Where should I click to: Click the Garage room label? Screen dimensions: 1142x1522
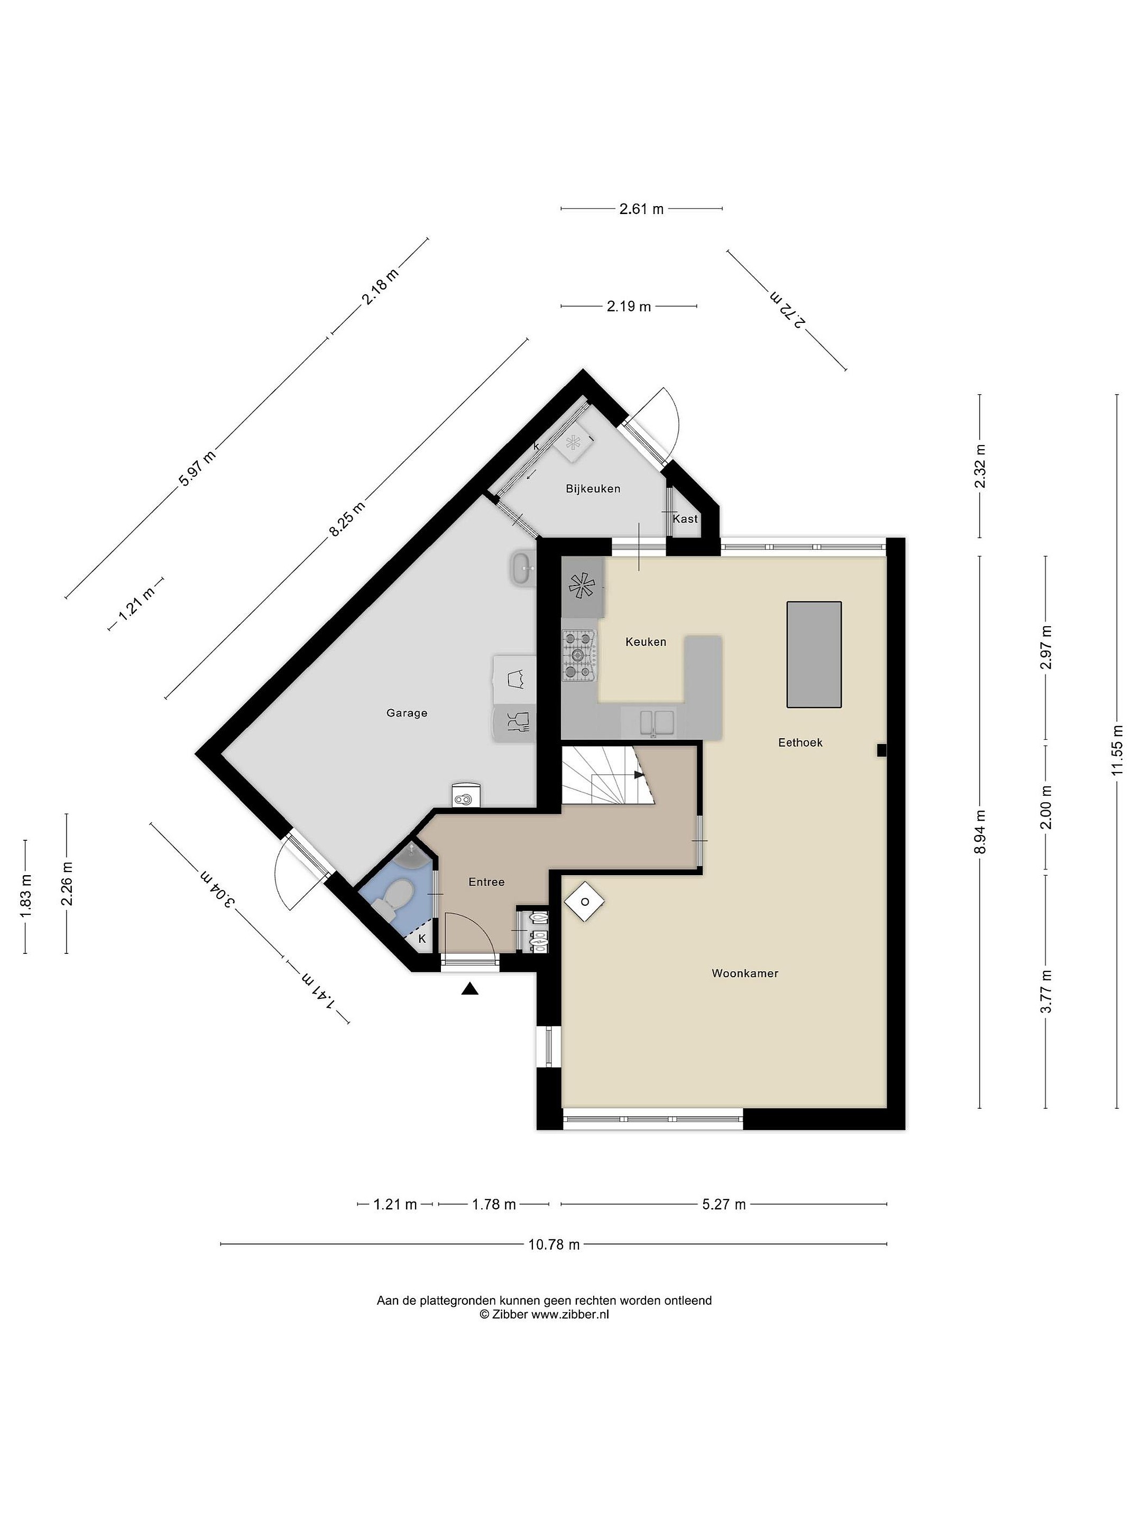407,713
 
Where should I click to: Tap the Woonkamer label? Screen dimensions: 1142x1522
745,973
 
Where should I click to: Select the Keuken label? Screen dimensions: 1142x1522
646,642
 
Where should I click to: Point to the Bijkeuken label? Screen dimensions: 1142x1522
593,488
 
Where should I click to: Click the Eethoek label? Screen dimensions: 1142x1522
800,743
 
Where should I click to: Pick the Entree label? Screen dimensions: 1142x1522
487,882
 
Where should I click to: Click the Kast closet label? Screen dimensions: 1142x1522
685,519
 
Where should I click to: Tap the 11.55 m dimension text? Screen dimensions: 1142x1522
1117,750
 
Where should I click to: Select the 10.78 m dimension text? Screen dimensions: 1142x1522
554,1244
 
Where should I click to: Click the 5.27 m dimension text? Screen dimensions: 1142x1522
723,1204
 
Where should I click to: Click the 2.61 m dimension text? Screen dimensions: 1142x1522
641,209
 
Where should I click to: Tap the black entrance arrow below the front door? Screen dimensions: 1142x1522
470,989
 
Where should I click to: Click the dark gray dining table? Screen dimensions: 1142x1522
814,654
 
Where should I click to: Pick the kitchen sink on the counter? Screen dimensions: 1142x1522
657,722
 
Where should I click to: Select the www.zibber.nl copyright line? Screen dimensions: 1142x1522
544,1314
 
